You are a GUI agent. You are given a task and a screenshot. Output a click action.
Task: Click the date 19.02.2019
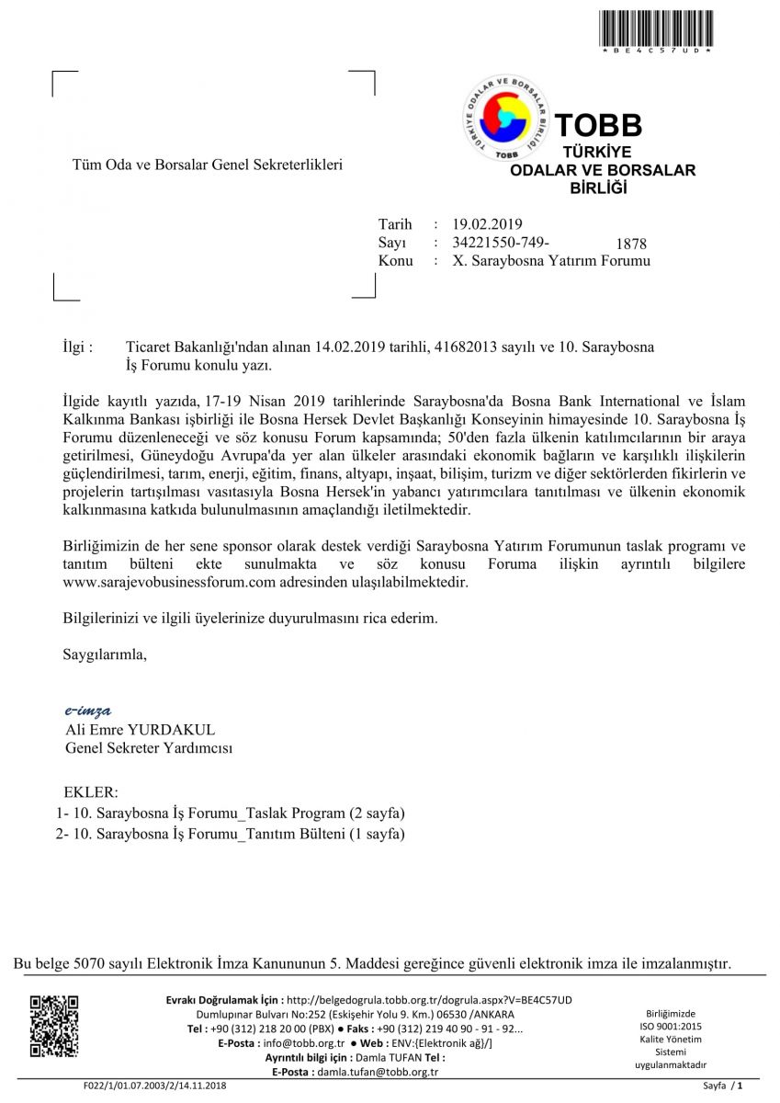pyautogui.click(x=486, y=224)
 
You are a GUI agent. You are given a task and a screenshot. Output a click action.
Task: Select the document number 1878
pyautogui.click(x=632, y=244)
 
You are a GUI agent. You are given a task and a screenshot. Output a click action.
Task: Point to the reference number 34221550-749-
pyautogui.click(x=501, y=243)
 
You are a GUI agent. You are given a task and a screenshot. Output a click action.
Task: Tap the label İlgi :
pyautogui.click(x=77, y=347)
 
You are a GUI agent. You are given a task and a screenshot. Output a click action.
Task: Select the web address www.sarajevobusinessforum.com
pyautogui.click(x=169, y=583)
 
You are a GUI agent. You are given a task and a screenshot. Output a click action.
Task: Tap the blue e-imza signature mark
pyautogui.click(x=87, y=711)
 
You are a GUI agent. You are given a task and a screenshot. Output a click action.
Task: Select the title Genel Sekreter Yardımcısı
pyautogui.click(x=149, y=748)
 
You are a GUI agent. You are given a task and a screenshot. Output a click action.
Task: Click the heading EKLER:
pyautogui.click(x=91, y=792)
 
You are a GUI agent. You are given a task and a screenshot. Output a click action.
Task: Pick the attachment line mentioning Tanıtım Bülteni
pyautogui.click(x=231, y=834)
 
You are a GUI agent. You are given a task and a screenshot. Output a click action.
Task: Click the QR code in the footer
pyautogui.click(x=54, y=1026)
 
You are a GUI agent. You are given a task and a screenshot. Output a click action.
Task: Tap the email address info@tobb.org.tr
pyautogui.click(x=303, y=1043)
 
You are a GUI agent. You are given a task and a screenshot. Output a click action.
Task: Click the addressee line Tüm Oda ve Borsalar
pyautogui.click(x=207, y=165)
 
